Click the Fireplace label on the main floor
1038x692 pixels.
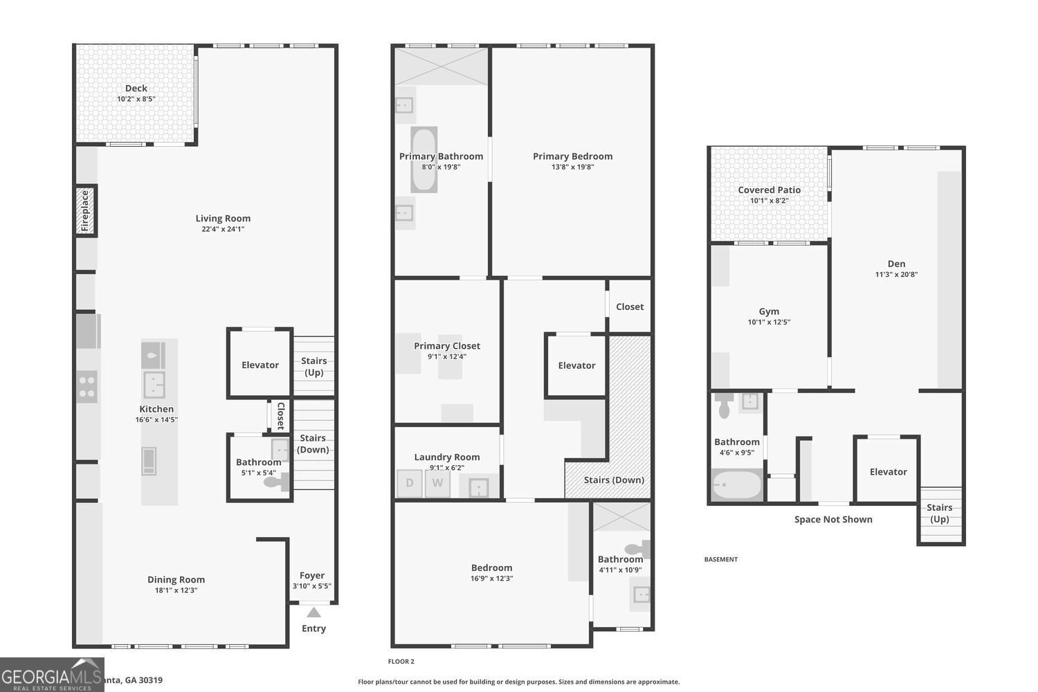click(x=86, y=210)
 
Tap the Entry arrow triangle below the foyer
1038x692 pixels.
click(x=313, y=612)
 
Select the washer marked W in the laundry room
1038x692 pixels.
click(x=437, y=483)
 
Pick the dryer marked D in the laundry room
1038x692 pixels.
click(x=410, y=483)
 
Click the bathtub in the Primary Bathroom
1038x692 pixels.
click(x=424, y=159)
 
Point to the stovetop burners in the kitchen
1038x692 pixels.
click(x=86, y=387)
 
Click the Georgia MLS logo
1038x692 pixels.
click(x=52, y=675)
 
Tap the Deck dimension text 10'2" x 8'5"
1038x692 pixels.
click(x=136, y=99)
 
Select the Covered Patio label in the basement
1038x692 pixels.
click(x=769, y=190)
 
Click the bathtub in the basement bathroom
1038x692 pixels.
click(x=737, y=485)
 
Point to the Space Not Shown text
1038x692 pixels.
click(x=832, y=519)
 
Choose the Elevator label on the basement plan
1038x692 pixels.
click(x=888, y=472)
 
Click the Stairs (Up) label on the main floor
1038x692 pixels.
click(x=313, y=366)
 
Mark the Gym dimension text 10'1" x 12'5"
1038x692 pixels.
click(x=768, y=322)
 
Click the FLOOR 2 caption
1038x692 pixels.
click(x=401, y=662)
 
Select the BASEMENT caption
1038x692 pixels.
click(x=720, y=559)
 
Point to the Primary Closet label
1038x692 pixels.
click(x=446, y=346)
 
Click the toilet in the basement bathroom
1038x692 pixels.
click(x=724, y=407)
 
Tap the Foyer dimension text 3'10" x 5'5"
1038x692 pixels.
click(x=311, y=586)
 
